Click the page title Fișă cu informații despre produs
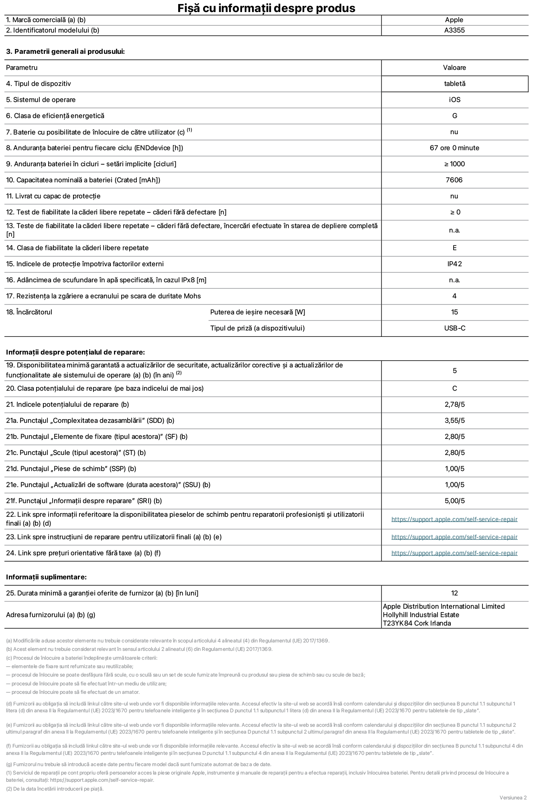(x=266, y=8)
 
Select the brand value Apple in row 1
(x=454, y=20)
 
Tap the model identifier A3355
(x=454, y=30)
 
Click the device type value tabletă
(x=454, y=84)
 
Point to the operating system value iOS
(x=454, y=100)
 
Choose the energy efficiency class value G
(x=454, y=116)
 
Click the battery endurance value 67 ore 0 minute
(x=454, y=148)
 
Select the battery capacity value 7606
(x=454, y=180)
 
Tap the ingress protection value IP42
(x=454, y=264)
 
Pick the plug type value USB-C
(x=454, y=328)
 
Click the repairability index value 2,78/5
(x=454, y=404)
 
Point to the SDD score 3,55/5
(x=454, y=420)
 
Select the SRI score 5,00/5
(x=454, y=501)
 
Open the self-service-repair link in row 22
(x=454, y=519)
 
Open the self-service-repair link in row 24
(x=454, y=553)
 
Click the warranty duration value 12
(x=454, y=593)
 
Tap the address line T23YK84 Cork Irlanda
(x=417, y=623)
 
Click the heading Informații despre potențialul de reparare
(x=75, y=352)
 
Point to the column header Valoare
(x=454, y=67)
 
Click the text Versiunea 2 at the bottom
(x=513, y=797)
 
